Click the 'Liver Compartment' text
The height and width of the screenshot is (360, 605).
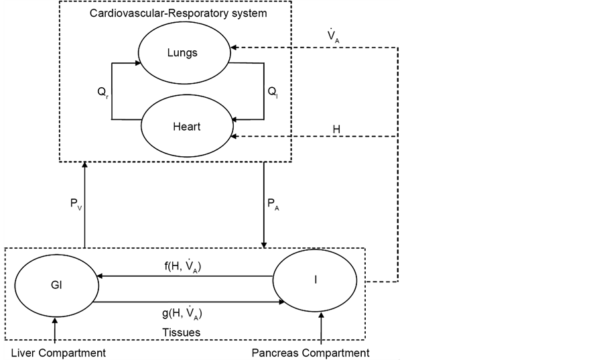pyautogui.click(x=58, y=353)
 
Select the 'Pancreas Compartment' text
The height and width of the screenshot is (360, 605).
pyautogui.click(x=310, y=353)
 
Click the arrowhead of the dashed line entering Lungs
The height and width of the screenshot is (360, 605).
pyautogui.click(x=234, y=48)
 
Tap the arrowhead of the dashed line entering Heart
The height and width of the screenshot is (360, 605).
pyautogui.click(x=234, y=136)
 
